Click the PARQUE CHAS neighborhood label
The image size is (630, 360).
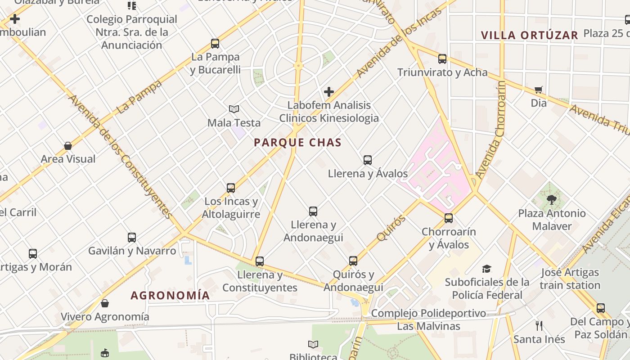click(297, 143)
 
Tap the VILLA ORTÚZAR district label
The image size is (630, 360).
click(529, 35)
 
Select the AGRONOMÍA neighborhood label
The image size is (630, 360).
click(170, 295)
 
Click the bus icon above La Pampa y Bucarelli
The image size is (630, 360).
click(215, 44)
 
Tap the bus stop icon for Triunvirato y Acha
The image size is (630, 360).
click(442, 59)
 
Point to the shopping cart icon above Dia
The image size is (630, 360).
click(538, 90)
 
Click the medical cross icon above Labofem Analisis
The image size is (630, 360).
click(329, 92)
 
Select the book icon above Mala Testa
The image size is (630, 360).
click(234, 109)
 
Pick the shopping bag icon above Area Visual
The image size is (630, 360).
click(68, 146)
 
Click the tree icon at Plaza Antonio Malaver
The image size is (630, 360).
click(552, 199)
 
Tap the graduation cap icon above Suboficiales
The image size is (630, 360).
click(486, 269)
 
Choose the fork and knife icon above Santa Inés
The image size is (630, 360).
click(539, 325)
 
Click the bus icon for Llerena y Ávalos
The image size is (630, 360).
click(368, 160)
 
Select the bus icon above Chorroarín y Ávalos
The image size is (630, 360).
click(449, 218)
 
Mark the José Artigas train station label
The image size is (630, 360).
click(570, 279)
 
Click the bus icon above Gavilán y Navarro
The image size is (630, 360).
click(132, 237)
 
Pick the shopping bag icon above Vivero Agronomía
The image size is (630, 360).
click(105, 303)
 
